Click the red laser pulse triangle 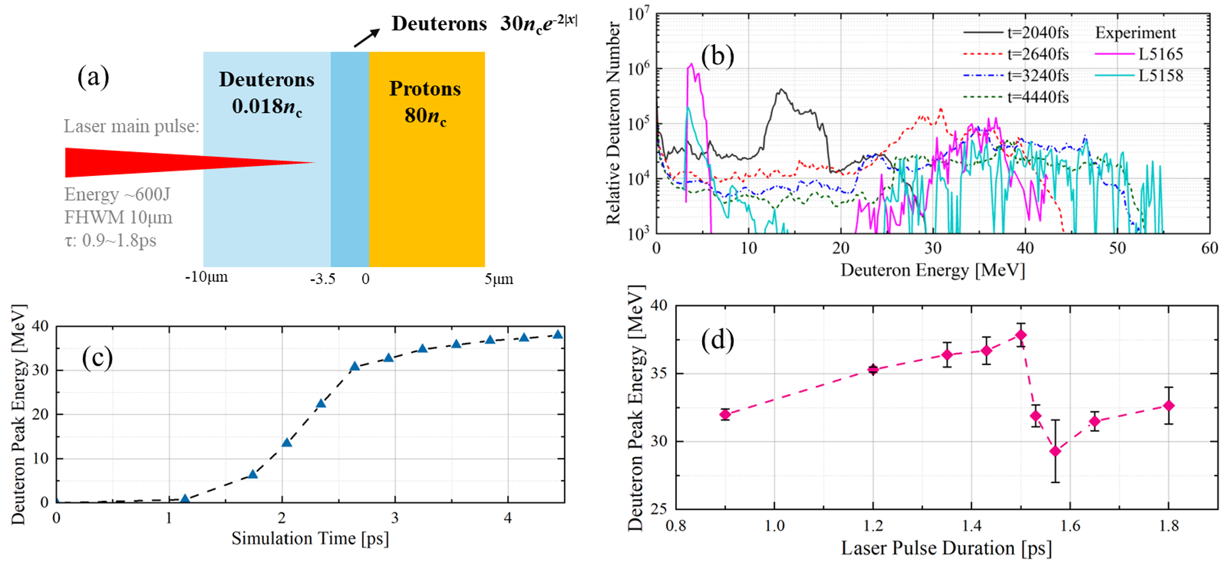[140, 162]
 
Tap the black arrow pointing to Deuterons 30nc [366, 38]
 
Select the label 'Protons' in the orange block [425, 89]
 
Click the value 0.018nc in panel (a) [267, 106]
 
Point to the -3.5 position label [322, 279]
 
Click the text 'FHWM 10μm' [118, 217]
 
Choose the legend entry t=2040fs [1038, 33]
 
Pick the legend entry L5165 [1160, 54]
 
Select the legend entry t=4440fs [1038, 97]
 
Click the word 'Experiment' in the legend [1135, 33]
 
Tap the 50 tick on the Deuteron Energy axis [1117, 248]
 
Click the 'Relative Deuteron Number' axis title [613, 123]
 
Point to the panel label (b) [717, 56]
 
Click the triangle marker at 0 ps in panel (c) [56, 501]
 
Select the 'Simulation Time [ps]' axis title [310, 538]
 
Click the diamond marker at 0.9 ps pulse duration [725, 415]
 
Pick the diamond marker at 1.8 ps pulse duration [1169, 405]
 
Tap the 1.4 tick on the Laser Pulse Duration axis [971, 525]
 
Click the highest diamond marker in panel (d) [1021, 335]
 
